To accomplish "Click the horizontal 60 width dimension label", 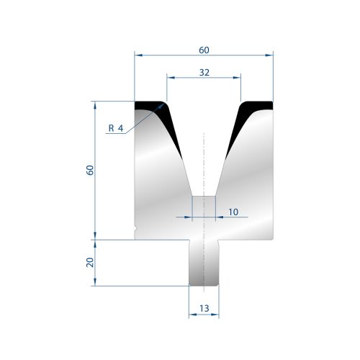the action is [204, 50].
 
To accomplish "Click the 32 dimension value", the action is [204, 73].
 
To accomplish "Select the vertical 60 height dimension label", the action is [90, 170].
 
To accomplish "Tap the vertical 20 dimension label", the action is [90, 262].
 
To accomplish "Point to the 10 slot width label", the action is [233, 212].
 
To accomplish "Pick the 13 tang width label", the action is [204, 308].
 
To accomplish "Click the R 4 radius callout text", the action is [116, 128].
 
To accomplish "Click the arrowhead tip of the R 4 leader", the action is [164, 104].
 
